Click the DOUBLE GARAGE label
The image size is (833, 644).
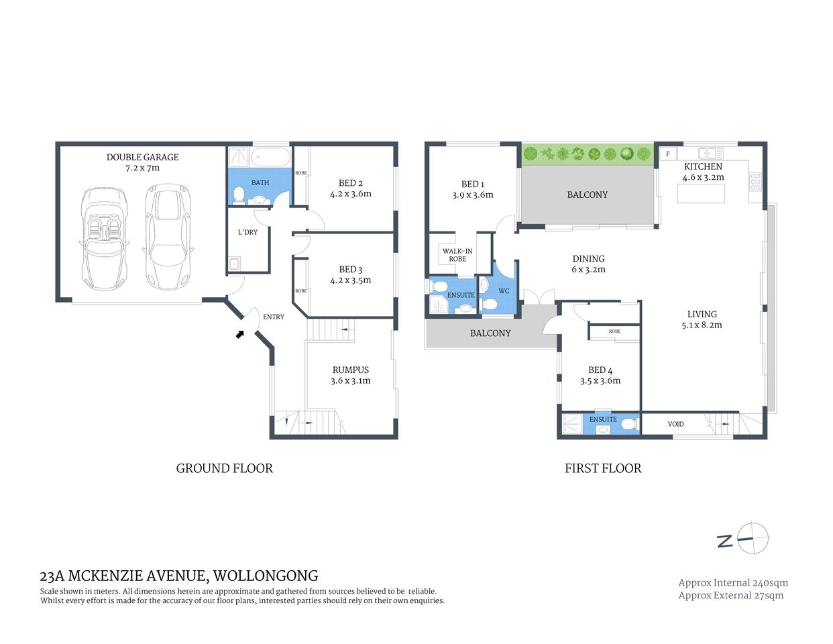click(x=142, y=157)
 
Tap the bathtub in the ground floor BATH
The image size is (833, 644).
click(x=272, y=158)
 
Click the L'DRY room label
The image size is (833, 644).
click(x=247, y=232)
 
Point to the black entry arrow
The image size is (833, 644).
click(x=239, y=333)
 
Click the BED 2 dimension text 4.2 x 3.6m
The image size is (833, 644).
click(x=350, y=194)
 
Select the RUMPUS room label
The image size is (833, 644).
click(x=350, y=370)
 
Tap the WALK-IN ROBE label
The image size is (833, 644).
click(x=457, y=255)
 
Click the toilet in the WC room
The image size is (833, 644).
click(x=489, y=305)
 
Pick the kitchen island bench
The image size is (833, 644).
click(x=702, y=194)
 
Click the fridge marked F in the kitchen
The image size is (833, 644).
click(x=668, y=154)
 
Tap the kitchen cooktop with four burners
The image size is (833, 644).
click(x=755, y=182)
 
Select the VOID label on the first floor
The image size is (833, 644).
click(x=675, y=424)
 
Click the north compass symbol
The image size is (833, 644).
click(x=751, y=539)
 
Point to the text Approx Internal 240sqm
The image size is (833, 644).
click(x=732, y=583)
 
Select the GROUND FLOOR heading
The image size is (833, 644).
click(x=224, y=468)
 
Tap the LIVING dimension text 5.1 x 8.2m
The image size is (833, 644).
click(x=702, y=325)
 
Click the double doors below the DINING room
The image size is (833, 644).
click(x=539, y=298)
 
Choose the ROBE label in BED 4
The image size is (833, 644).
click(x=614, y=331)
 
